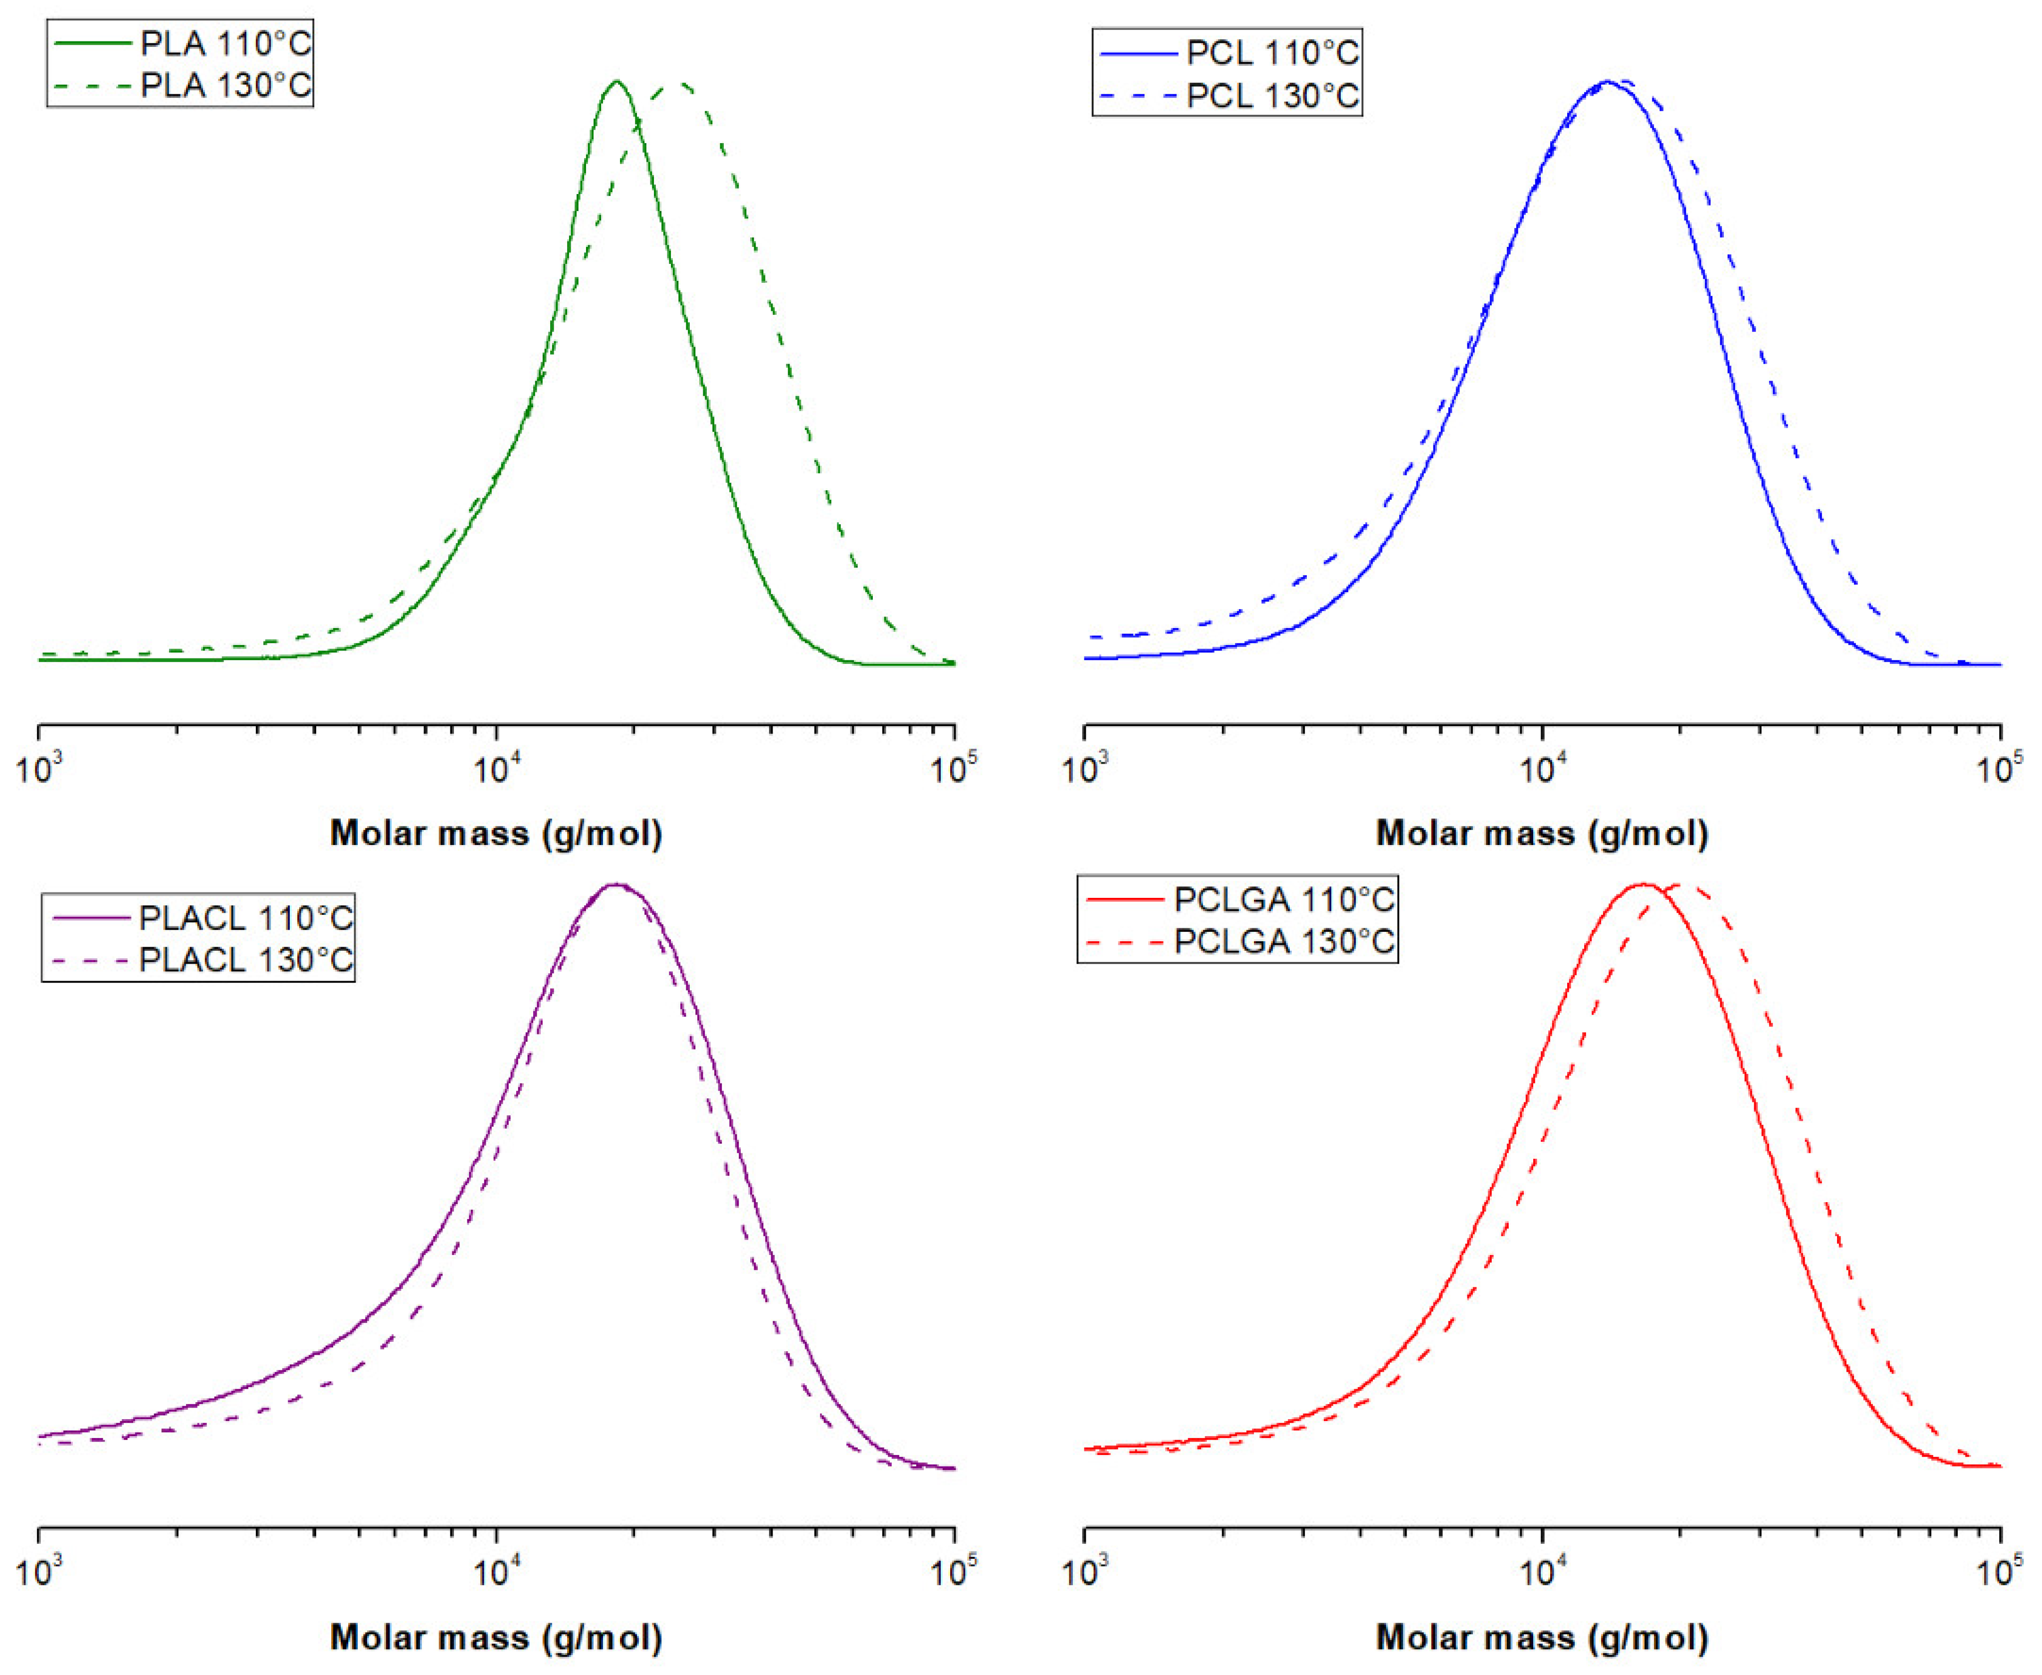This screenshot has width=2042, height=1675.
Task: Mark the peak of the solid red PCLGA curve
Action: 1644,885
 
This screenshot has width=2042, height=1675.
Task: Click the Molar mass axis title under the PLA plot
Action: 496,833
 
